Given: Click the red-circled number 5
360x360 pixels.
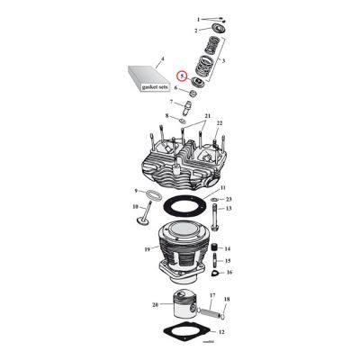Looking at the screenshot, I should [182, 77].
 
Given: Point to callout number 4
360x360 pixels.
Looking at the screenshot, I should [162, 59].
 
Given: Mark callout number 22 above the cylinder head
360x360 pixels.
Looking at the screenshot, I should [219, 122].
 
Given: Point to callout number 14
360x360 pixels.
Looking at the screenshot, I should [228, 247].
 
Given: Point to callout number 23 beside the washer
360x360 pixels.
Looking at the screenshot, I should [229, 198].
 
